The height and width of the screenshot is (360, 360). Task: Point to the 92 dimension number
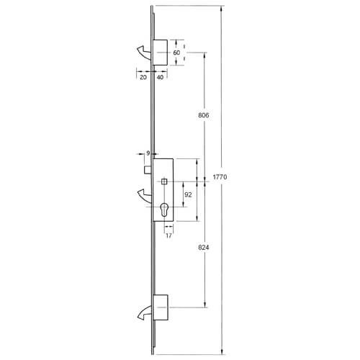pos(187,194)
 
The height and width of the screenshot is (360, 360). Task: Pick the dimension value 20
pos(143,77)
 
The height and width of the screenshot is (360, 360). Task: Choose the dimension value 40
pos(159,77)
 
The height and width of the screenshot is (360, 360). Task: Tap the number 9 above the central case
pos(148,153)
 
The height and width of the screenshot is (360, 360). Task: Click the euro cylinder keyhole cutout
pos(165,212)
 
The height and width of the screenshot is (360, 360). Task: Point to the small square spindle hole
pos(165,181)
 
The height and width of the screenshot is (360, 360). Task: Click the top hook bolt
pos(142,51)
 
